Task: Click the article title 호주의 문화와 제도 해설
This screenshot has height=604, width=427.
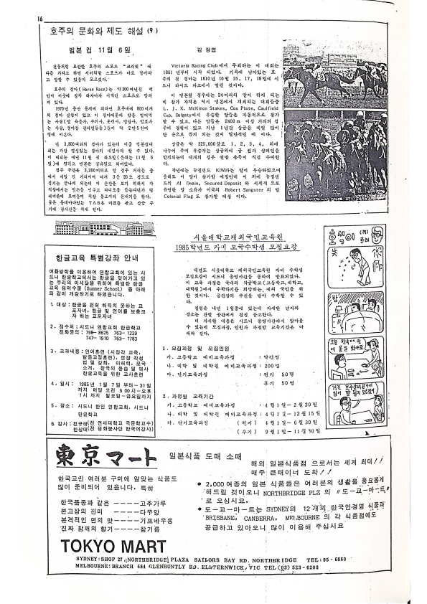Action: coord(98,32)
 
